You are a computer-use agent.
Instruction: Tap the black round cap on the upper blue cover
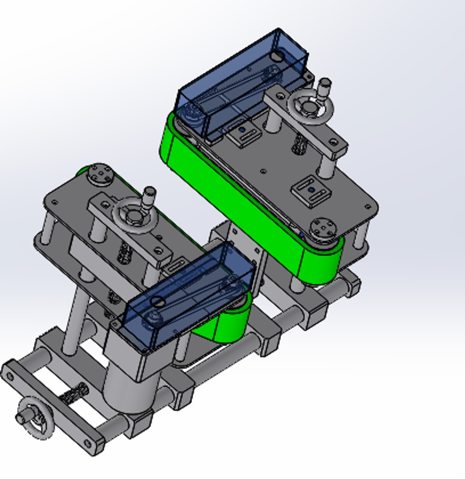277,56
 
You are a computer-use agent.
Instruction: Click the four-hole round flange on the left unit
99,173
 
